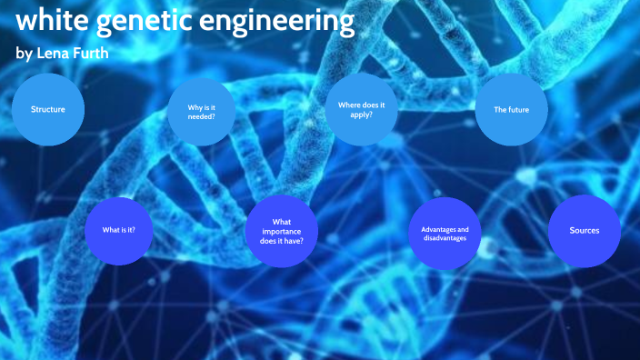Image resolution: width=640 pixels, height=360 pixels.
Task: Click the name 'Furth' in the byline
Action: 90,53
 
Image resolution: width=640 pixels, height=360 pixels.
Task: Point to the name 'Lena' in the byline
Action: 50,53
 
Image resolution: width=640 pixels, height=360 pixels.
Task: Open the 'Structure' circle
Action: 48,110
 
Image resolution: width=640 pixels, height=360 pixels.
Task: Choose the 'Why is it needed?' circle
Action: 203,111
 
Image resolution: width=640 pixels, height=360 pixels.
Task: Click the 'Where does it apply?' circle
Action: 361,110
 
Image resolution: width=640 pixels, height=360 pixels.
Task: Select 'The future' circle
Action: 511,110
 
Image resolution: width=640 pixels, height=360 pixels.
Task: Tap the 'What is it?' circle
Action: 119,230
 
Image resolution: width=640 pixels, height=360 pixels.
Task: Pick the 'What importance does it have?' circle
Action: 282,231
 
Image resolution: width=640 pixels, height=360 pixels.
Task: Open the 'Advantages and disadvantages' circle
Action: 445,234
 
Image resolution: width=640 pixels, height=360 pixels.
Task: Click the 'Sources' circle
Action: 585,230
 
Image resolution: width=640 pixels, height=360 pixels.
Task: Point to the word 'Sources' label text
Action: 585,230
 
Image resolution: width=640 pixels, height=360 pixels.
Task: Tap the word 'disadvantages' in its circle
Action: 445,238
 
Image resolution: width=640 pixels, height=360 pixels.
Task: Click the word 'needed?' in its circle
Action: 203,115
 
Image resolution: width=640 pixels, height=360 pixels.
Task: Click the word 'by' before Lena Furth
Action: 24,54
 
